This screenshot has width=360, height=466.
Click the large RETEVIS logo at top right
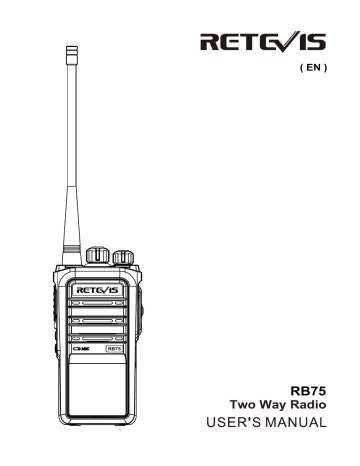click(274, 41)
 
